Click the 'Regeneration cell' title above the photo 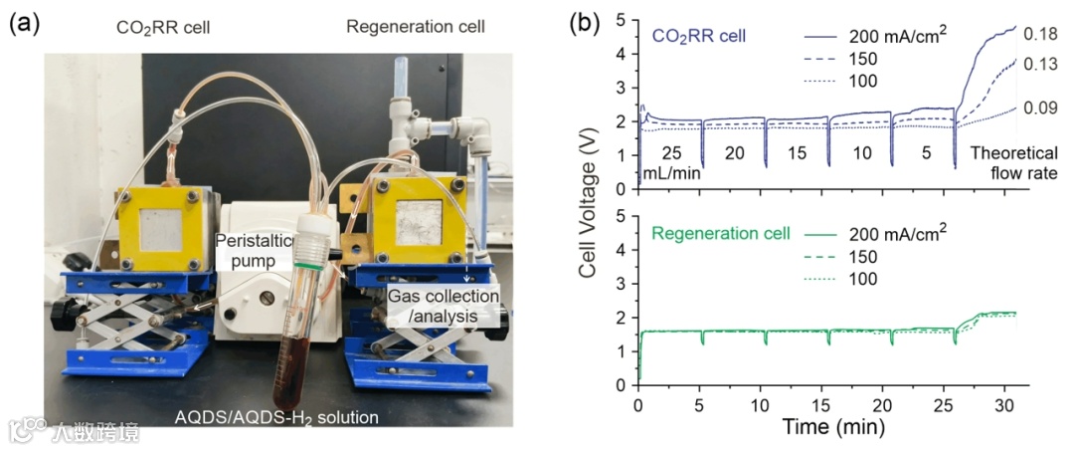tap(416, 26)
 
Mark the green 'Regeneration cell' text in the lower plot tap(720, 234)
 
